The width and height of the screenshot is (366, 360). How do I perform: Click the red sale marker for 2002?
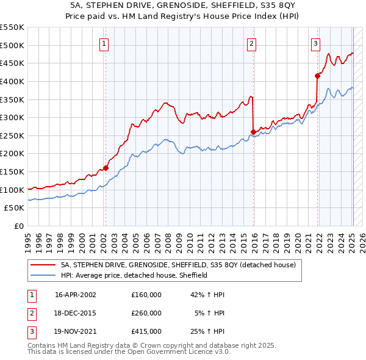(106, 168)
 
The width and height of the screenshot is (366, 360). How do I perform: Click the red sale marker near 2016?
(253, 131)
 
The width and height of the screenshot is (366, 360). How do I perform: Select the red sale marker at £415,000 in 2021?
(317, 76)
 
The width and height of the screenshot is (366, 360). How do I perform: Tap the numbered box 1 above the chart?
(104, 43)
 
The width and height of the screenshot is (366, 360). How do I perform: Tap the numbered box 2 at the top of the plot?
(251, 43)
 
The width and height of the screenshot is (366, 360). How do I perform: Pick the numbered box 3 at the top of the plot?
(315, 43)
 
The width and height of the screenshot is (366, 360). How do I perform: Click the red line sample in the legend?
(42, 265)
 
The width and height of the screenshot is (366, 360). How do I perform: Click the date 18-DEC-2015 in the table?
(75, 313)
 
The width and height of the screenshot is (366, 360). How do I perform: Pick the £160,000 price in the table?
(146, 295)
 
